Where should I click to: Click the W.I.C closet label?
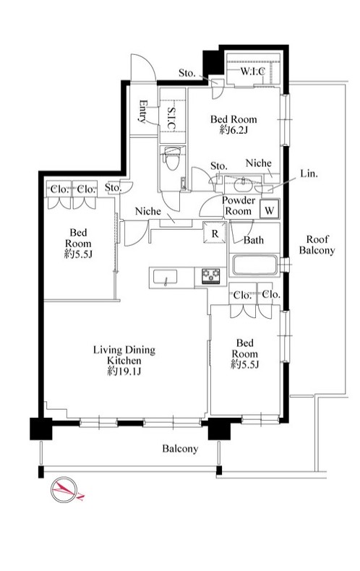pos(252,72)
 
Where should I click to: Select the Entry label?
pos(143,111)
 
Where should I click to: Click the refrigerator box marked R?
pos(215,233)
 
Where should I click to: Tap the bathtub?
pos(254,265)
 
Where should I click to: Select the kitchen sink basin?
pos(165,278)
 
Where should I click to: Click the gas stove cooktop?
pos(211,275)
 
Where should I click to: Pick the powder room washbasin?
pos(241,184)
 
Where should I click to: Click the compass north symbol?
pos(65,489)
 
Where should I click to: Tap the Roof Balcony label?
pos(317,245)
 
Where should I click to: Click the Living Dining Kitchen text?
pos(124,355)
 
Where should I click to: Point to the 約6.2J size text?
pos(233,130)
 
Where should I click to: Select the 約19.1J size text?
pos(124,372)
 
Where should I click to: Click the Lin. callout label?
pos(309,173)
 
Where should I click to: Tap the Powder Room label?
pos(239,206)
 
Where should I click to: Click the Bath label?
pos(254,240)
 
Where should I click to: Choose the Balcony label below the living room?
pos(180,449)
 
